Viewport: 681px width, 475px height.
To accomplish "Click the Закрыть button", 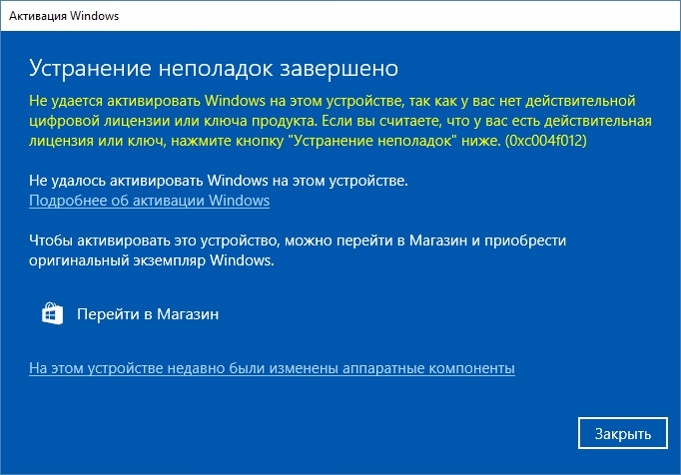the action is pyautogui.click(x=622, y=433).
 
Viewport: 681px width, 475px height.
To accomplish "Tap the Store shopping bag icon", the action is pyautogui.click(x=52, y=313).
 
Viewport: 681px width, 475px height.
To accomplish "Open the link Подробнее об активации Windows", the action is pyautogui.click(x=149, y=201).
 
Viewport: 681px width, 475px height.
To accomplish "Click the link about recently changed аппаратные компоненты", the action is pyautogui.click(x=272, y=368).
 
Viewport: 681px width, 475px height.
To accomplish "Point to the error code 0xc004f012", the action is pyautogui.click(x=546, y=141).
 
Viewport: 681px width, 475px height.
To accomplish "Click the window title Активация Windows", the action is pyautogui.click(x=64, y=16).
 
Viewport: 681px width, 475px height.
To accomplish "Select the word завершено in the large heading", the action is pyautogui.click(x=340, y=69).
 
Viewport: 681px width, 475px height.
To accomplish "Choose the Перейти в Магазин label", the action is pyautogui.click(x=148, y=314).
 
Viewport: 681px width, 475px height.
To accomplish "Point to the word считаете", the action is pyautogui.click(x=405, y=121).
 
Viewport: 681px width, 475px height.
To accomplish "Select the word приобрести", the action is pyautogui.click(x=525, y=240).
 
